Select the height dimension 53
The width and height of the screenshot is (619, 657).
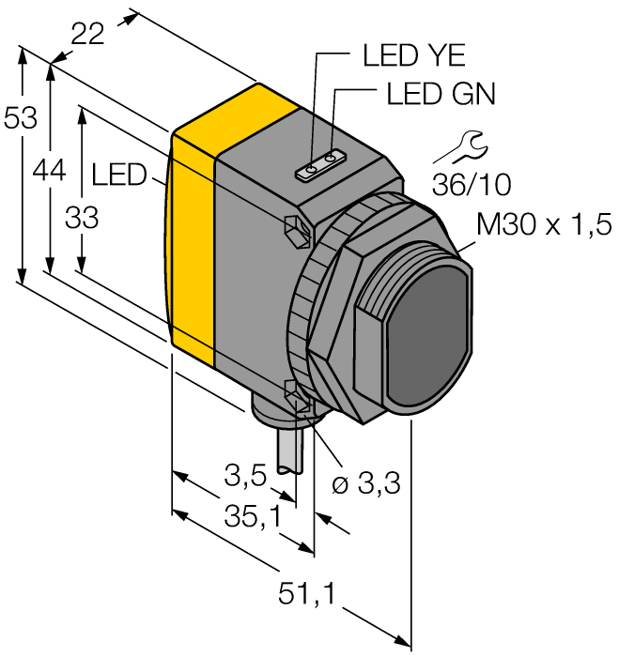[20, 119]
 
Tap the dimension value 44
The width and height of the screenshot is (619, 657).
[49, 170]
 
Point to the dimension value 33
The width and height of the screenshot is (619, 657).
[82, 218]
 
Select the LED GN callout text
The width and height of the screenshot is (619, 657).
[441, 95]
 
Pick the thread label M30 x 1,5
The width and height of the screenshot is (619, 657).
[544, 224]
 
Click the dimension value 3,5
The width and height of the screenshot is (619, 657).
[245, 478]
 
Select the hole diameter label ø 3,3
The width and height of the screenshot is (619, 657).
[367, 484]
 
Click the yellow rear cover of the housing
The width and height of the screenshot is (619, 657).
[193, 235]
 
